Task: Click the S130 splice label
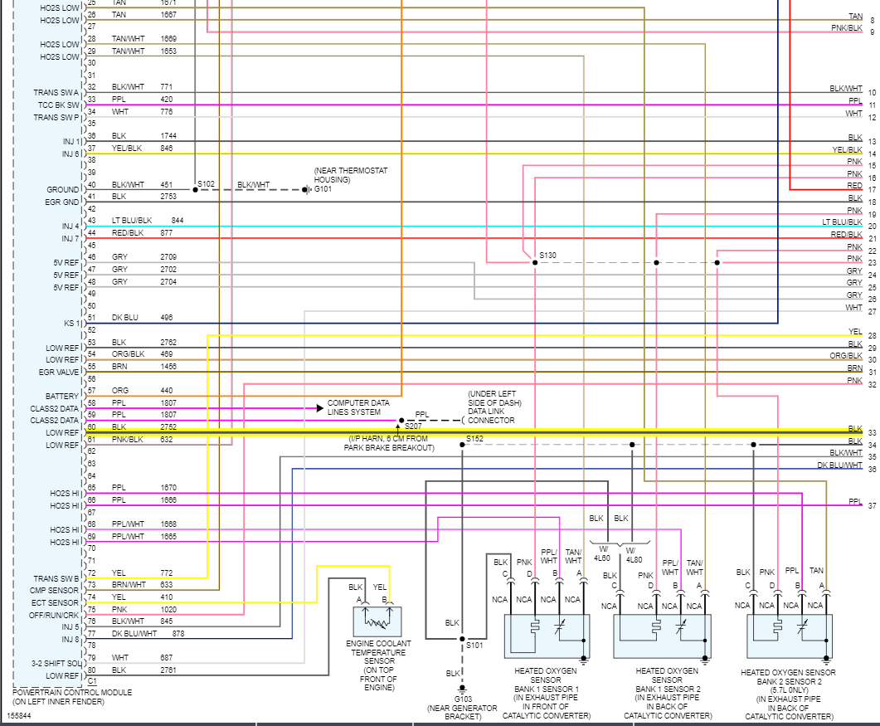click(548, 255)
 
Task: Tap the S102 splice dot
click(196, 189)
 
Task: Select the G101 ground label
click(323, 189)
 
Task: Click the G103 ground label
click(462, 699)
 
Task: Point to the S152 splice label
click(474, 438)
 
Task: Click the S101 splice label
click(474, 644)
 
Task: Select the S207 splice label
click(413, 426)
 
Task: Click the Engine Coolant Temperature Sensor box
click(378, 621)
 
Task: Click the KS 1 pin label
click(71, 323)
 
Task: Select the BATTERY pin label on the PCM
click(62, 397)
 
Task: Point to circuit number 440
click(167, 390)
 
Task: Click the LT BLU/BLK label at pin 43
click(132, 220)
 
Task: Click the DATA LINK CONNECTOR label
click(491, 420)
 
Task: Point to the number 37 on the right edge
click(872, 505)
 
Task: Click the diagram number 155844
click(20, 714)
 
